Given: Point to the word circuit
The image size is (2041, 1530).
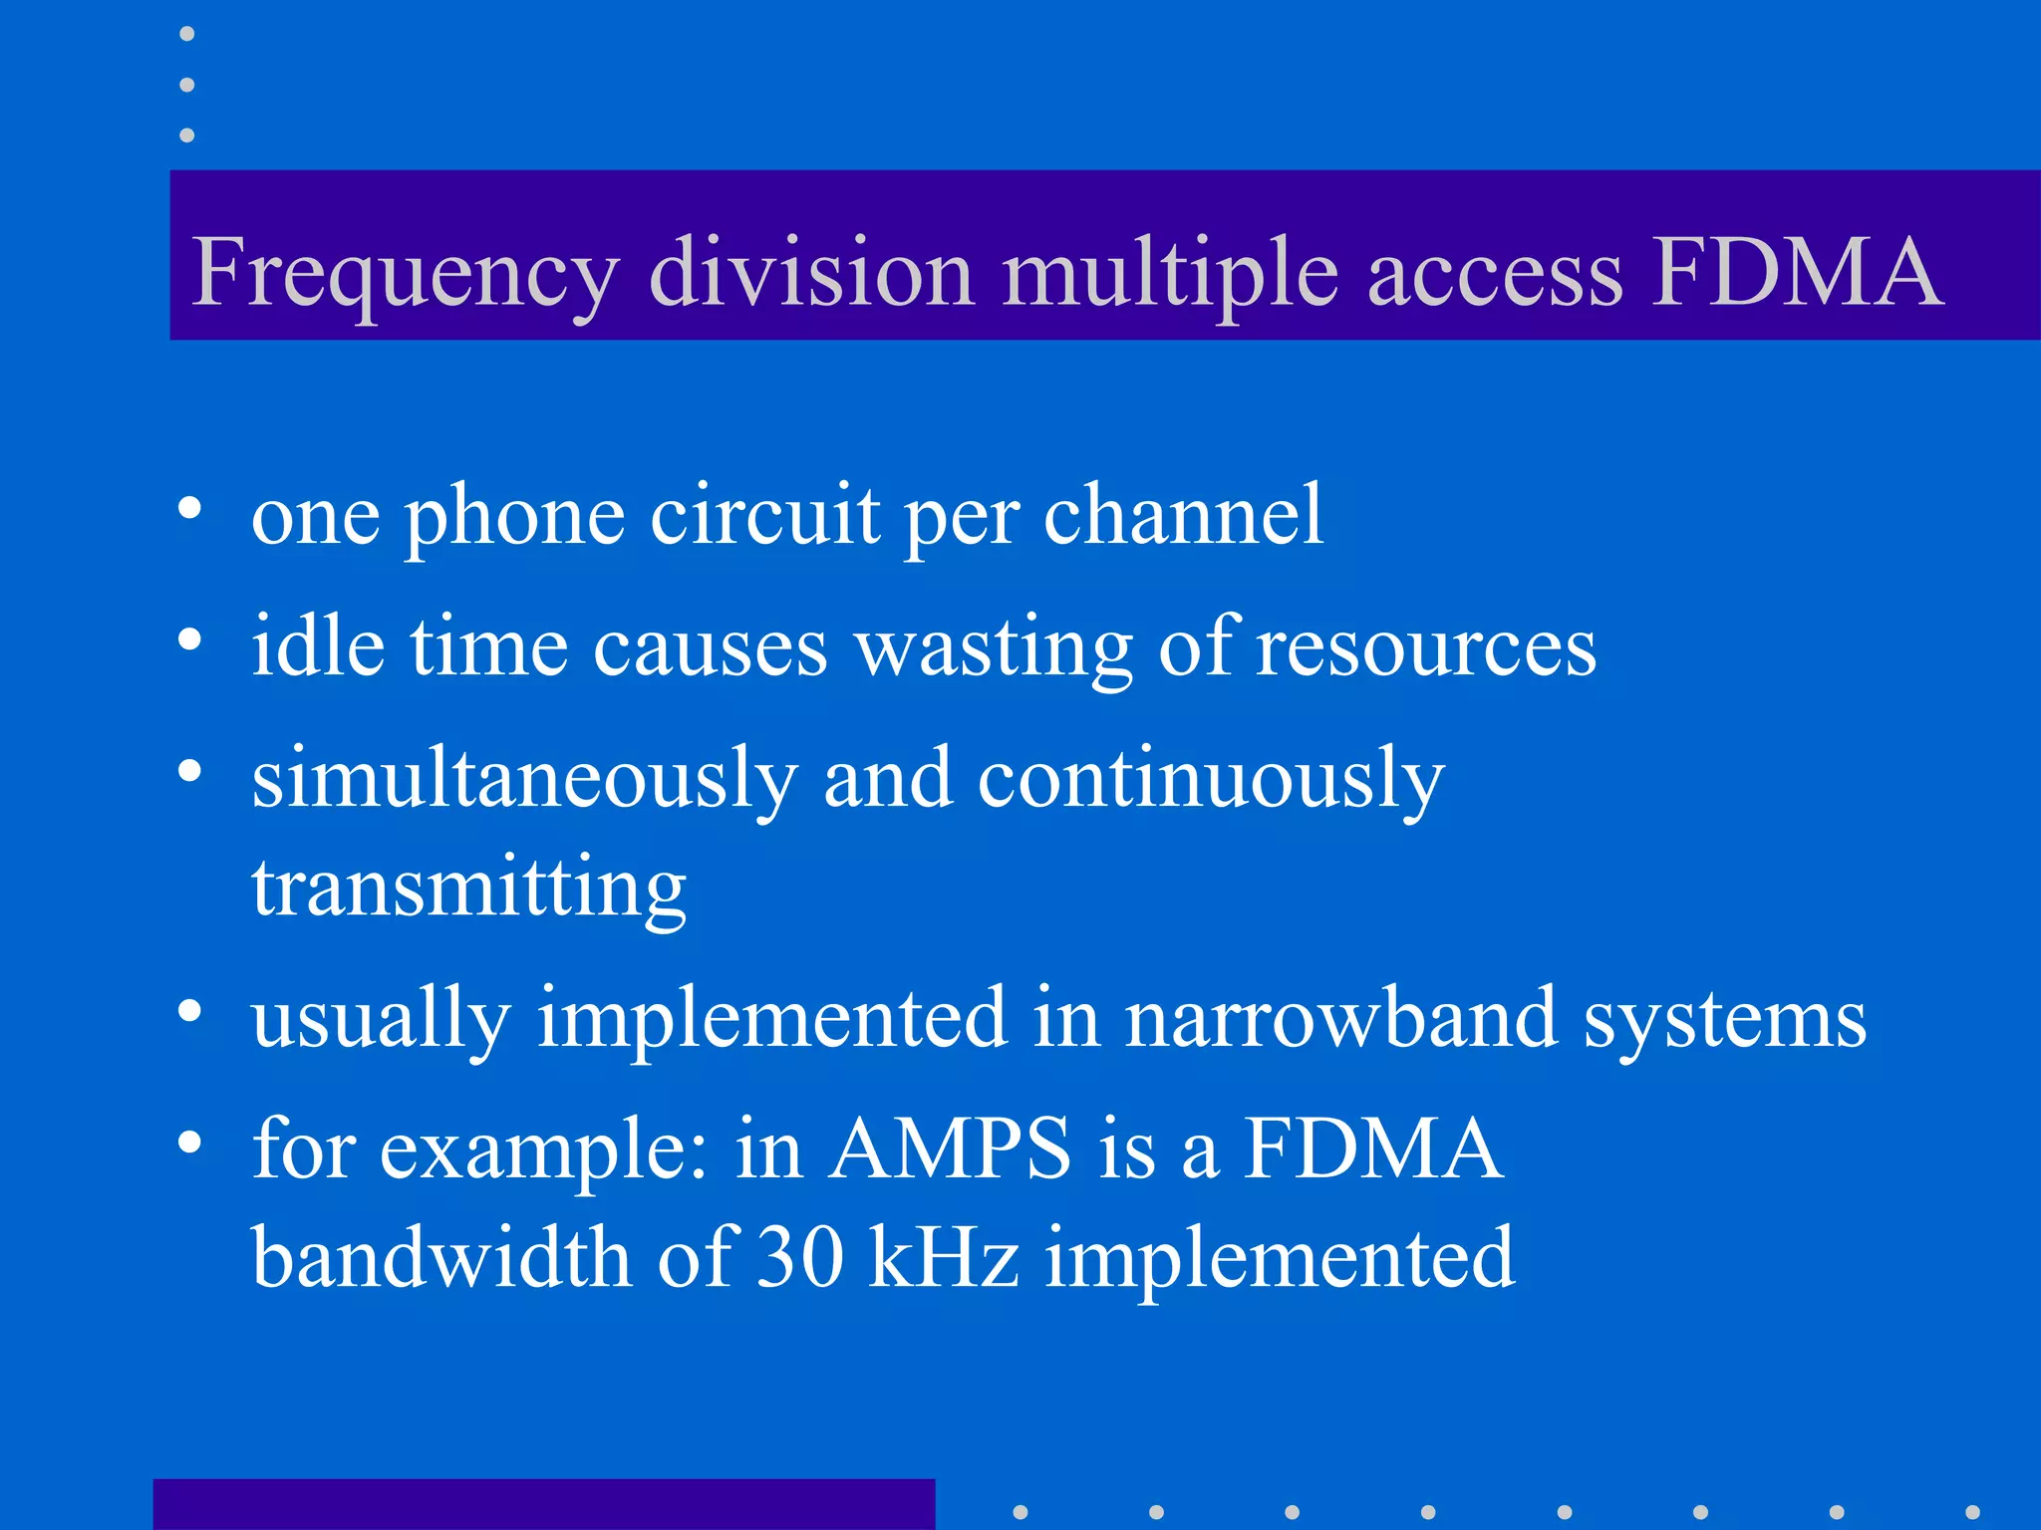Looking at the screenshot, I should coord(765,515).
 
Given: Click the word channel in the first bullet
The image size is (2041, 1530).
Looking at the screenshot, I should coord(1184,515).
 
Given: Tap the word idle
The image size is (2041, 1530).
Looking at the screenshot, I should coord(318,646).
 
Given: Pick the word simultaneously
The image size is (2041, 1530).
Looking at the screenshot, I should coord(524,780).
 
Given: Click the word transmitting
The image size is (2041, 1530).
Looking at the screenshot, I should coord(468,888).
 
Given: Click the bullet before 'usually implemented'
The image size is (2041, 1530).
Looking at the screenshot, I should coord(189,1012).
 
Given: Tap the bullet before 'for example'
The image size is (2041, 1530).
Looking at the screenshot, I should coord(189,1143).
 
